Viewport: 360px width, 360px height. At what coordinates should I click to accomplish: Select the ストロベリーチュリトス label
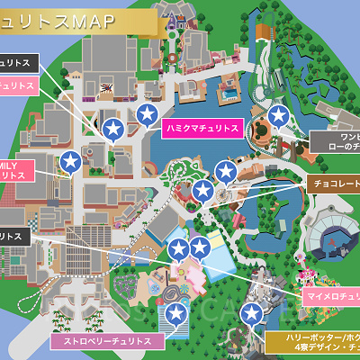(101, 342)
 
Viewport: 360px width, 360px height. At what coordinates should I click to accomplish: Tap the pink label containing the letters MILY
(16, 170)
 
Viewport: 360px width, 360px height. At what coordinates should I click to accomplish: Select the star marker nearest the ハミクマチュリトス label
(148, 114)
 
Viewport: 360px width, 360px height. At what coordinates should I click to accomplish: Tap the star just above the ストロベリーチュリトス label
(177, 313)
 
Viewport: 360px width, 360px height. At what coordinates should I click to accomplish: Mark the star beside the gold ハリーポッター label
(256, 313)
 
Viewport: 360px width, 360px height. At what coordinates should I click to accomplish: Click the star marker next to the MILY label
(71, 162)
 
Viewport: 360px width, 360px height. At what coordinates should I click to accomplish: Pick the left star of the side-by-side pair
(178, 248)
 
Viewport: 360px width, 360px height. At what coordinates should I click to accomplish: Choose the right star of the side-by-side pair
(199, 248)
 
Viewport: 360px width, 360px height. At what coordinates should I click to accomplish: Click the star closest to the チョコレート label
(226, 171)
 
